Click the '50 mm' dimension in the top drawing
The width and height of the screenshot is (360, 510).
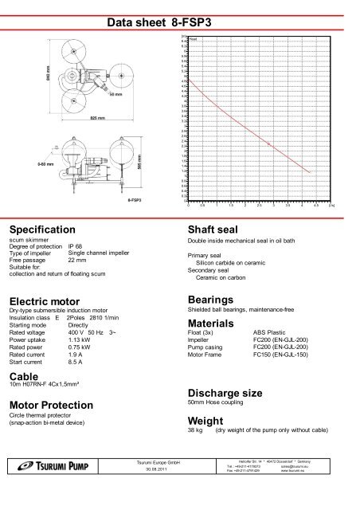tap(115, 94)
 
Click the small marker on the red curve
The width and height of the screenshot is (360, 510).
tap(263, 135)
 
